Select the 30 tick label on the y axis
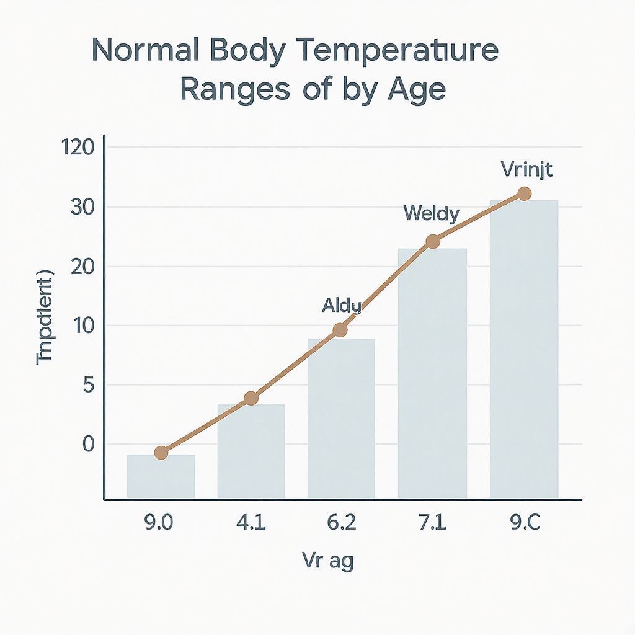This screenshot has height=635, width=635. tap(82, 208)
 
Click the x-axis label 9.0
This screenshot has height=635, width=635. tap(160, 523)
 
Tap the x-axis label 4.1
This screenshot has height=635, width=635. tap(251, 523)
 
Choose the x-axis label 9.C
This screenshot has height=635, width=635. tap(524, 523)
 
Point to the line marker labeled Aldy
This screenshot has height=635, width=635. tap(340, 330)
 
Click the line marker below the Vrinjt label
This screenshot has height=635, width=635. tap(524, 193)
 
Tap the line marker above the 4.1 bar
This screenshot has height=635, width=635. tap(251, 398)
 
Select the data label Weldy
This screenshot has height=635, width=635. tap(431, 215)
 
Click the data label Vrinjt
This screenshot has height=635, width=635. tap(525, 169)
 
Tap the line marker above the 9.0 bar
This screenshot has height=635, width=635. tap(161, 452)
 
